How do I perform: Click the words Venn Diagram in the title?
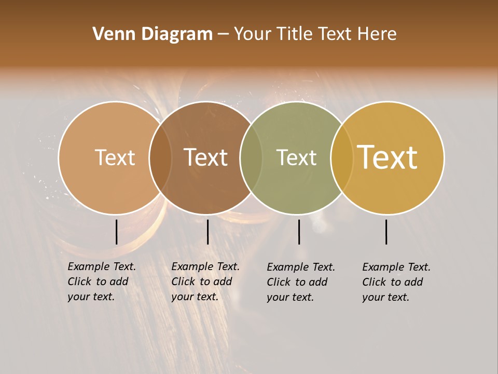153,34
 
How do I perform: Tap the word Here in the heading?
377,34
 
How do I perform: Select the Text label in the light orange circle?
115,157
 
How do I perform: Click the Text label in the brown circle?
206,157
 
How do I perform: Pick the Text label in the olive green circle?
296,157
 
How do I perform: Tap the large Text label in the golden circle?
388,157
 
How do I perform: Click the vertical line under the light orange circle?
116,232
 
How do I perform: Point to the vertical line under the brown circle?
208,232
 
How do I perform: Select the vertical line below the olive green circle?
299,232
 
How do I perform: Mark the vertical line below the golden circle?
386,232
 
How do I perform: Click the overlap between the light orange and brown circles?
161,157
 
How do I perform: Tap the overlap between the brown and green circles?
252,157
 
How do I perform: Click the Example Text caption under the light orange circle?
102,282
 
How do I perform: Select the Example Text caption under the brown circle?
205,282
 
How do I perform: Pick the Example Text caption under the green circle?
301,282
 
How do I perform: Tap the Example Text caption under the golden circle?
396,282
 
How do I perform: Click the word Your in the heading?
252,34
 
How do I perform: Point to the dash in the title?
223,35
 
